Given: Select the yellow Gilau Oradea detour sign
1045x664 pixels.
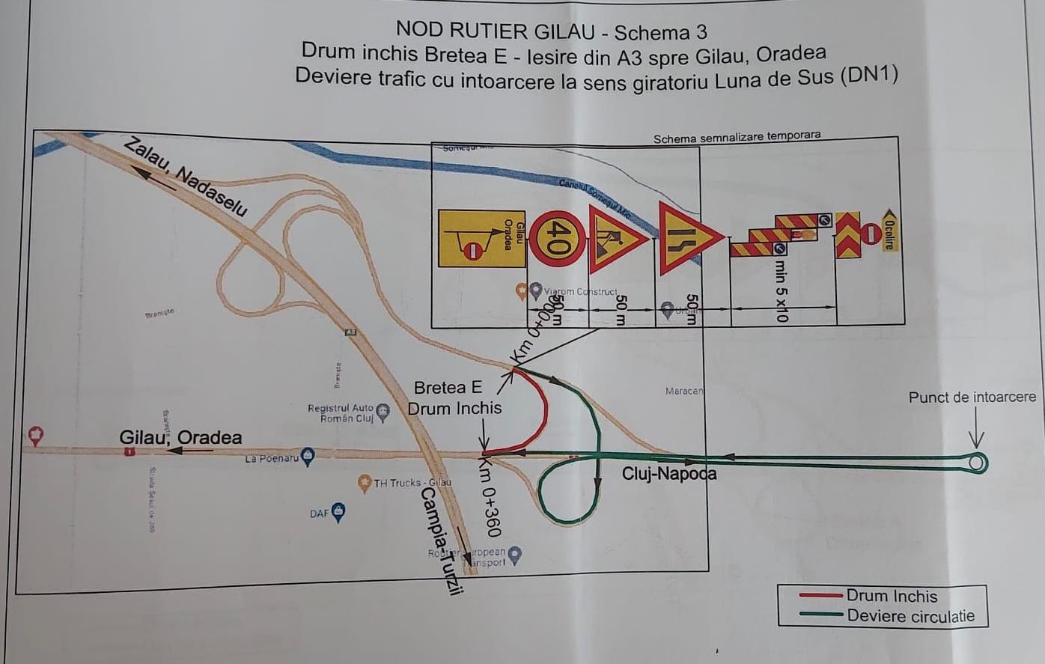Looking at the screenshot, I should (x=481, y=239).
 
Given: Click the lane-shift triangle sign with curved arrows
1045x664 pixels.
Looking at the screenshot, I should (x=684, y=239).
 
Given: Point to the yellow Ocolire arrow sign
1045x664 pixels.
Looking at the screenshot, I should (x=889, y=230).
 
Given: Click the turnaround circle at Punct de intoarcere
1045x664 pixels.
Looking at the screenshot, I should (x=976, y=463).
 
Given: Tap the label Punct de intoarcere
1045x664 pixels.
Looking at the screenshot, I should (x=972, y=398).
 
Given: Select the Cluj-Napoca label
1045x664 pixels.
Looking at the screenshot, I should (x=668, y=474).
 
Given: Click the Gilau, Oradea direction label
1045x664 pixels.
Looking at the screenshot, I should (x=180, y=438).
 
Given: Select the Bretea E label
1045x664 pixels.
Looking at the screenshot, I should (x=448, y=388).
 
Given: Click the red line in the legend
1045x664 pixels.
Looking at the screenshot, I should (x=820, y=596).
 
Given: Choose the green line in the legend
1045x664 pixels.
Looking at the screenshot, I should (x=821, y=616).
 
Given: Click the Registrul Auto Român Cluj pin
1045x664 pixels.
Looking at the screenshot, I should (x=383, y=412).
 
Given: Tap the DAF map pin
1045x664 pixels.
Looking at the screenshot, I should (x=338, y=512).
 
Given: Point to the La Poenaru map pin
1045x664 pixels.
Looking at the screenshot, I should (x=307, y=457).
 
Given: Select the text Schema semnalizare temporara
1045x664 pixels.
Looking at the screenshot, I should (x=737, y=138).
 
